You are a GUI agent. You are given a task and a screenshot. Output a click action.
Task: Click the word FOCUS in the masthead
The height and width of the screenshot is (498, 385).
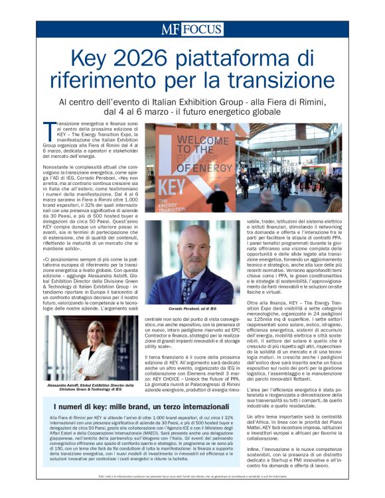(203, 29)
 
